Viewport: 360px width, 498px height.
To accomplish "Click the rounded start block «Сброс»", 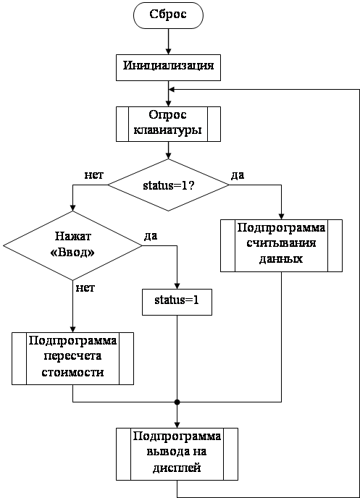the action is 168,15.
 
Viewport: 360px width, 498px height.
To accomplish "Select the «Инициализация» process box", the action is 168,67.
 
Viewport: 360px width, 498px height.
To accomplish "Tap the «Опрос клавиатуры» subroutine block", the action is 168,124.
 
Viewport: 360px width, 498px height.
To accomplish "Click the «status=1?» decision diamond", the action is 168,185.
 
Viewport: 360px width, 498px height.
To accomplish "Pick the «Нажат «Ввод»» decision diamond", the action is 72,245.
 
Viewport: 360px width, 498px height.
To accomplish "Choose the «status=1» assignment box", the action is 177,302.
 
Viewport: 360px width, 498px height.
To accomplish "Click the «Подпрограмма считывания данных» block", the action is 281,245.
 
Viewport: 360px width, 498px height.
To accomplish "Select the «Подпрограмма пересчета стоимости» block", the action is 72,358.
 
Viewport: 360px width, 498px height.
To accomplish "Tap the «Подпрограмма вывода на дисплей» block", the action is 177,454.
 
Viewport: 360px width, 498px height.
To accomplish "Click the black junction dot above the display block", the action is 177,402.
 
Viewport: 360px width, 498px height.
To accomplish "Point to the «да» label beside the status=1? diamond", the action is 238,174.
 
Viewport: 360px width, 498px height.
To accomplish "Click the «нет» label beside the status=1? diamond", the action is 94,175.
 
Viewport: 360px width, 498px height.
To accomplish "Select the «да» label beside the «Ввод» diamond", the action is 151,236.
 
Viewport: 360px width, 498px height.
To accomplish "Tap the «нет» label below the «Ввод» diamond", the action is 85,288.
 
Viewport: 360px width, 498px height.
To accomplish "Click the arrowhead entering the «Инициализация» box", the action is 168,51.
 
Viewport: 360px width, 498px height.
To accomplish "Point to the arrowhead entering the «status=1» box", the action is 177,286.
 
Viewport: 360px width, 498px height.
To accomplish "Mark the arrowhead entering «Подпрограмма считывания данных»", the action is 281,216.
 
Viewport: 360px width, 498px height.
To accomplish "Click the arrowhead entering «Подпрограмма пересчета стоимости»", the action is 72,329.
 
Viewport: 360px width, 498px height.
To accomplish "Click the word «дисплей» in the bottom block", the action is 177,468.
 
